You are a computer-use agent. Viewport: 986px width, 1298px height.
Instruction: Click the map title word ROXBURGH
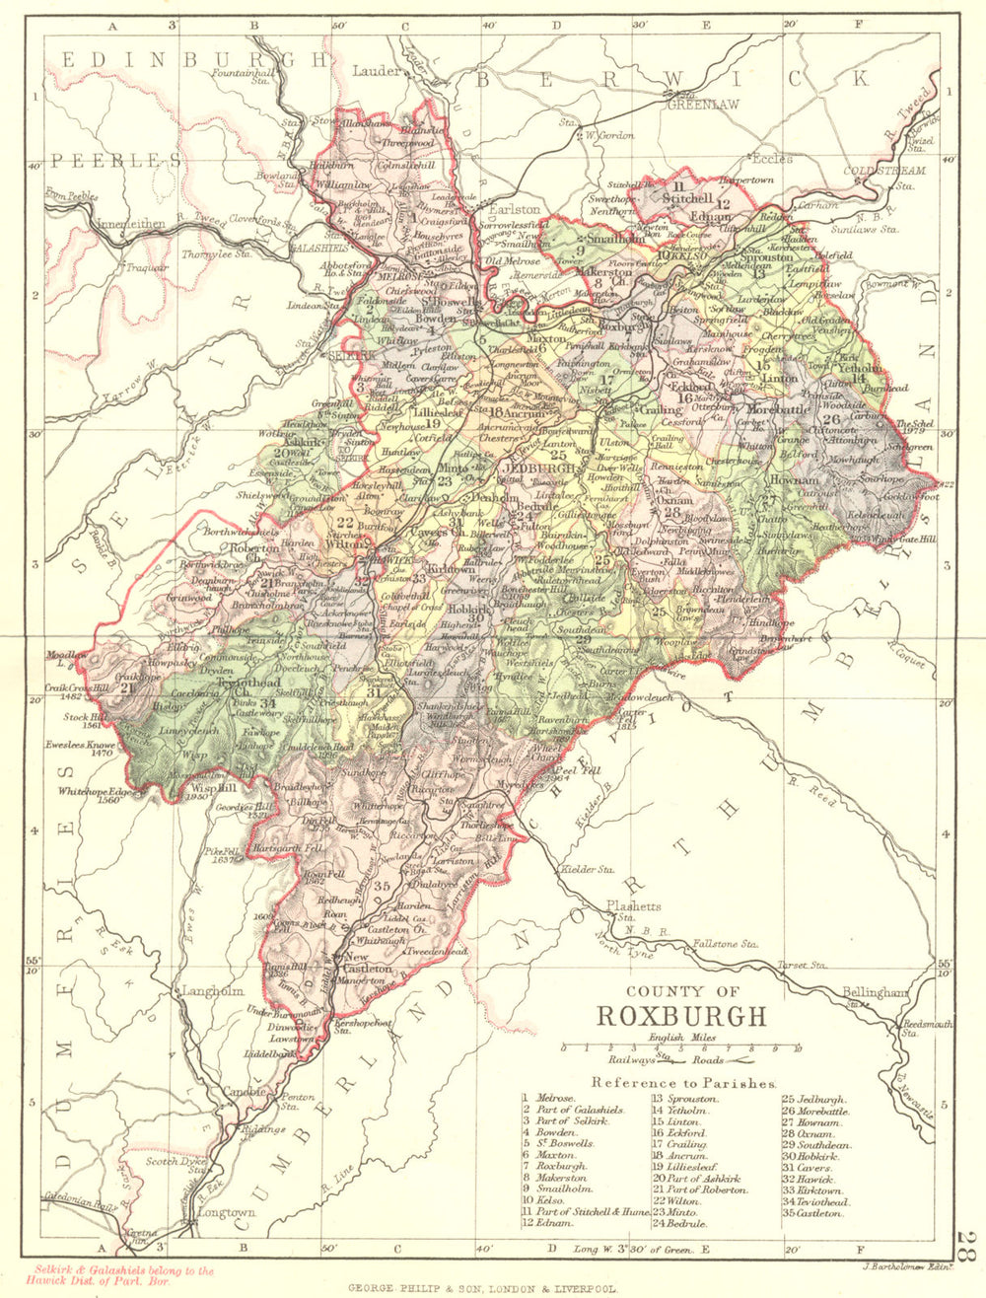681,1017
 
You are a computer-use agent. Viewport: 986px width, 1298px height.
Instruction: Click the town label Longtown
226,1212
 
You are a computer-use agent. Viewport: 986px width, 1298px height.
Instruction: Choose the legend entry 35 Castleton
814,1213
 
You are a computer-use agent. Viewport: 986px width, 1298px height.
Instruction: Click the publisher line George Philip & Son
483,1288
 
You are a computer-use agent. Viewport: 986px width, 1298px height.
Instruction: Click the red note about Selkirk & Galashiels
123,1276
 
